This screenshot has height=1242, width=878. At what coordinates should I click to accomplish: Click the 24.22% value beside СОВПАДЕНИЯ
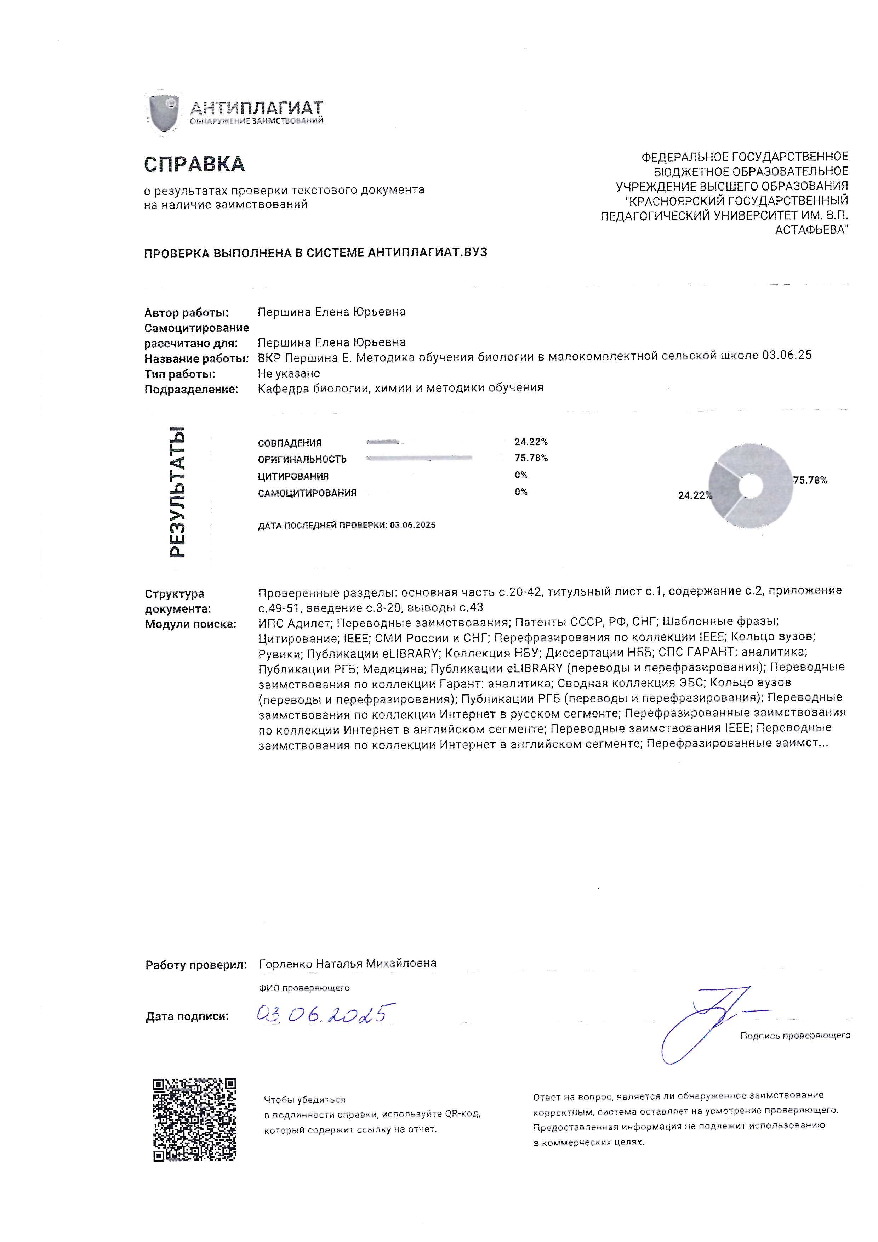click(531, 442)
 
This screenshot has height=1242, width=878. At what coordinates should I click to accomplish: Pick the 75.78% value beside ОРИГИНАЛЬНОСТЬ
click(531, 458)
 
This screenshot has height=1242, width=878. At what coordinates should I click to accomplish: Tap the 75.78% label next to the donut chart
click(810, 480)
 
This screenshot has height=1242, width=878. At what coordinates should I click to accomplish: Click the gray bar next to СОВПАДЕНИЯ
click(383, 442)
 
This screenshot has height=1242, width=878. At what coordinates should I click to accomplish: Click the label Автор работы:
click(187, 313)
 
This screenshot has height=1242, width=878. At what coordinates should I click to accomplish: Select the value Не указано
click(289, 374)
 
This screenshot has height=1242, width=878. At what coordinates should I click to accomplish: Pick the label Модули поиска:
click(190, 624)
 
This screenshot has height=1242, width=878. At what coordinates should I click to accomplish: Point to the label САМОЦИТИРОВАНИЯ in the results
click(307, 493)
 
